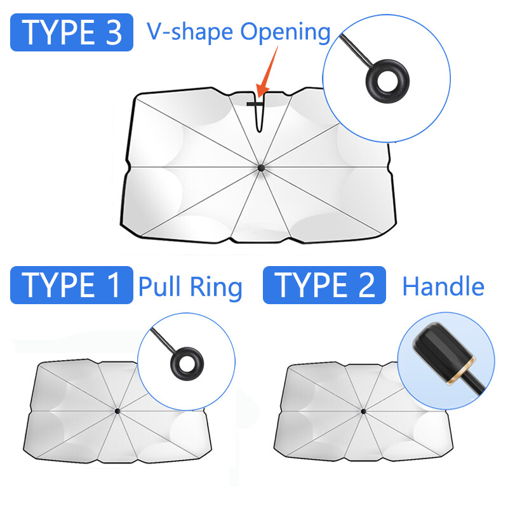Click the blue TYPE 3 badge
click(72, 32)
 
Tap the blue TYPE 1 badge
click(72, 284)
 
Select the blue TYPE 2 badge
click(324, 284)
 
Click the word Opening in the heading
click(285, 33)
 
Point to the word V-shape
click(190, 32)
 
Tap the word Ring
click(216, 288)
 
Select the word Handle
click(443, 286)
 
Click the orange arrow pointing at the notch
click(266, 72)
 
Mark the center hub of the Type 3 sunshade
click(261, 168)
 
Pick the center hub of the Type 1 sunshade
click(117, 411)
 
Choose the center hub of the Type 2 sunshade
click(363, 411)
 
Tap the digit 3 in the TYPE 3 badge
click(114, 32)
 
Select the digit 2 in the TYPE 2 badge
click(366, 284)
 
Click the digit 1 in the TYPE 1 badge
click(114, 285)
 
